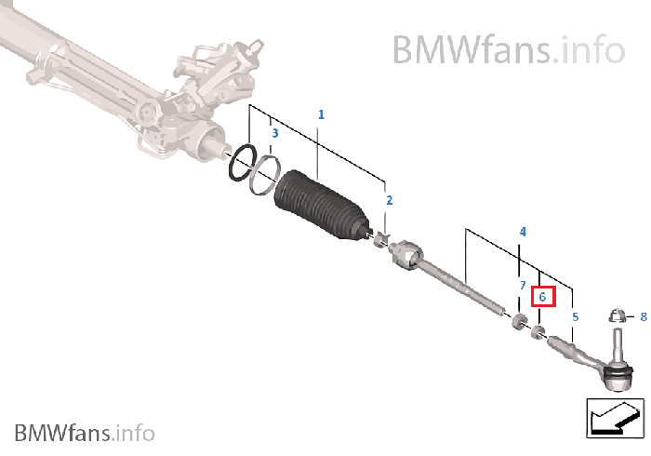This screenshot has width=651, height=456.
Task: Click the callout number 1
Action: click(321, 114)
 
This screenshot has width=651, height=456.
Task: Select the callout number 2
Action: click(389, 200)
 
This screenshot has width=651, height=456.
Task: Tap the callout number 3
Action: click(274, 134)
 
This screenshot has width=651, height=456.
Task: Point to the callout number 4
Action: click(523, 231)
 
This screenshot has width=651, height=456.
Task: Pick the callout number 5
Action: click(575, 317)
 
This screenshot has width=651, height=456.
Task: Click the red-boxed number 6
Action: click(542, 297)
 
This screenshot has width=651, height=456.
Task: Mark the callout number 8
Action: click(642, 317)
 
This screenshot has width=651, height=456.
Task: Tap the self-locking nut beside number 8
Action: click(616, 317)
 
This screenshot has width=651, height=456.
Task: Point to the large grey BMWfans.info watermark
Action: click(507, 47)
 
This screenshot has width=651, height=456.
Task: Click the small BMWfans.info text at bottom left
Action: click(84, 433)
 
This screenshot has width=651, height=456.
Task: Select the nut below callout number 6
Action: click(538, 330)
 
